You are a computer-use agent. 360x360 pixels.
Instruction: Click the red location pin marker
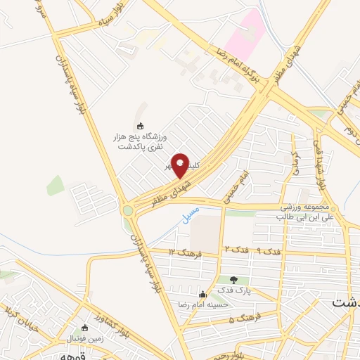181,165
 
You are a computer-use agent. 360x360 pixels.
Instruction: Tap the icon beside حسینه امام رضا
202,293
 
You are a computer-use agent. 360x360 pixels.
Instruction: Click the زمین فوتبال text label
85,337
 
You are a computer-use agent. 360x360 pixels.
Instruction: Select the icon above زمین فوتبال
85,327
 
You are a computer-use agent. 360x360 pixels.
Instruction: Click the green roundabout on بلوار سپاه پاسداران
128,210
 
